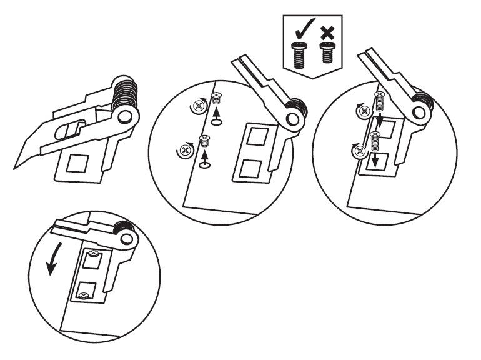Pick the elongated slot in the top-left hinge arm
coord(68,131)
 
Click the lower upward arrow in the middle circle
coord(205,160)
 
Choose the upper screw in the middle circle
coord(217,98)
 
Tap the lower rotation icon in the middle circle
coord(186,150)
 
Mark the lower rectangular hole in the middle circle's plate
coord(251,168)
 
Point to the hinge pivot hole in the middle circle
coord(291,119)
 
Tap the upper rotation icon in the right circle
coord(362,110)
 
